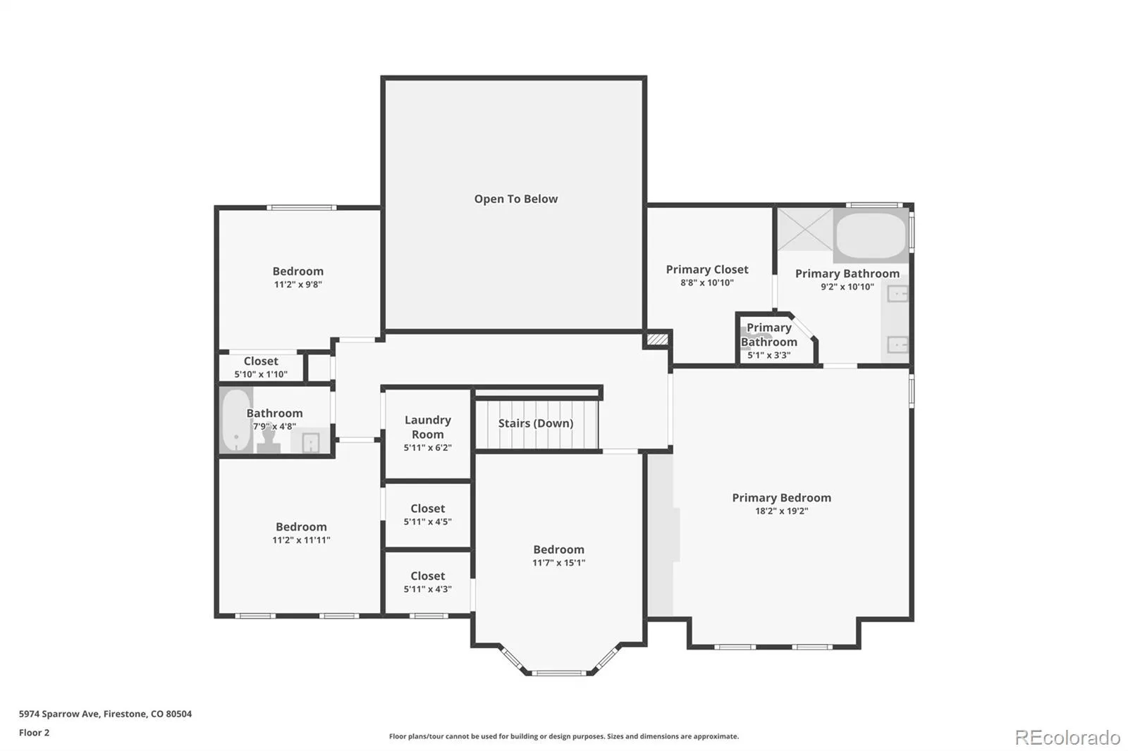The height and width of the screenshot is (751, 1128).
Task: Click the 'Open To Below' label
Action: coord(515,199)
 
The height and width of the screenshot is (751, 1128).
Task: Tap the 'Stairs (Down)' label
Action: coord(536,423)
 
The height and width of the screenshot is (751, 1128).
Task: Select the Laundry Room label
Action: coord(427,427)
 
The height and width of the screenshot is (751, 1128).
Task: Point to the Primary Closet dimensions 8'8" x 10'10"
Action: coord(707,283)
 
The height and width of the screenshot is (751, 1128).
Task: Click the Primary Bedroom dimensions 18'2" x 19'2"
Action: coord(782,511)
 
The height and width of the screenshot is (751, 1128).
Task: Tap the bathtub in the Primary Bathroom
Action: coord(871,236)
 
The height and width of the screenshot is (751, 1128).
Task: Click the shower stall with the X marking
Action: coord(805,230)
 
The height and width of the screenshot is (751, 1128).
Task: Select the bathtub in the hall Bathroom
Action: coord(236,421)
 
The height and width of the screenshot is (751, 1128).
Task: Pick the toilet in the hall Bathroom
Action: coord(269,440)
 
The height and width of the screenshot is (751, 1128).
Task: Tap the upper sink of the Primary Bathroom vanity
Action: coord(897,294)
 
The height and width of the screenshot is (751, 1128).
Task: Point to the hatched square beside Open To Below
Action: coord(657,340)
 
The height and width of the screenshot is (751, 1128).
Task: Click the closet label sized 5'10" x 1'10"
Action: coord(261,368)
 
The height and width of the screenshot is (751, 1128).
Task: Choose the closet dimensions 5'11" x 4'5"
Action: coord(427,522)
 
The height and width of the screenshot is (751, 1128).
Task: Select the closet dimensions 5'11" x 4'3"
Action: coord(427,590)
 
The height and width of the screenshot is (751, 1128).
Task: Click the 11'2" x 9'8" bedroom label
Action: coord(298,278)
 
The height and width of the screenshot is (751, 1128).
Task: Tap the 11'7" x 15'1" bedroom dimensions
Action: coord(559,563)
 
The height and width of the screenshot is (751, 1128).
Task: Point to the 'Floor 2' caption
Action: coord(35,733)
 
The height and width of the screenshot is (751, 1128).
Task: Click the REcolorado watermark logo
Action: coord(1067,738)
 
